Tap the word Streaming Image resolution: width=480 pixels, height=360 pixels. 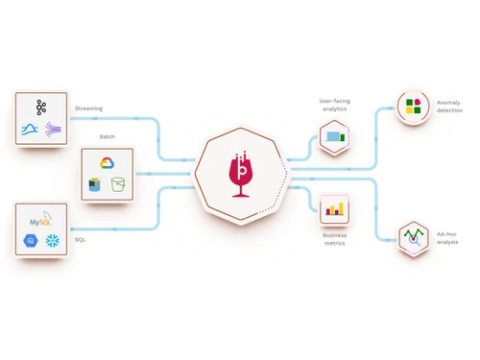(x=88, y=108)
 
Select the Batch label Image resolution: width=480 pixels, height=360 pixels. (x=108, y=136)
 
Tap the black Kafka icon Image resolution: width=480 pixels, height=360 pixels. (x=41, y=106)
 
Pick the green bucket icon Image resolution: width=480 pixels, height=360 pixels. (x=119, y=184)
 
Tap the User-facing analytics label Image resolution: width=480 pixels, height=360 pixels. (x=334, y=105)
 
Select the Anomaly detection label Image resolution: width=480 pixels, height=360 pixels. (x=449, y=106)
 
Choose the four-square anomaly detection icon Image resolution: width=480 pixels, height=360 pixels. (x=414, y=107)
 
